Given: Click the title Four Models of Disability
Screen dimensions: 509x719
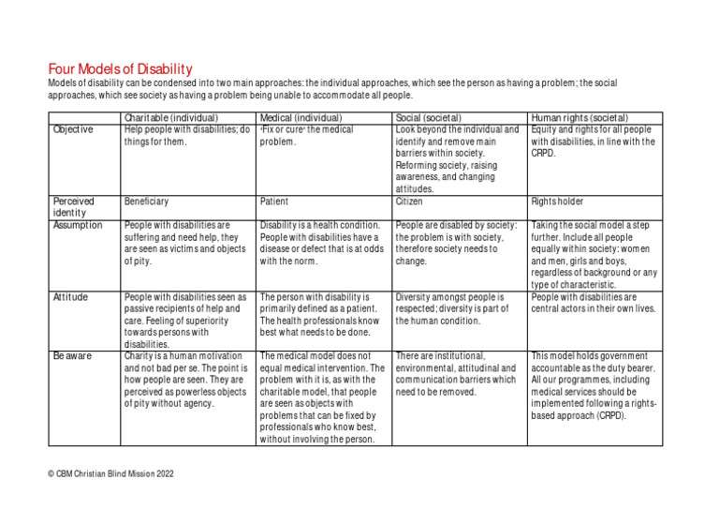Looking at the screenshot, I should coord(120,68).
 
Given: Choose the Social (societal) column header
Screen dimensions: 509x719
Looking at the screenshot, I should coord(433,117).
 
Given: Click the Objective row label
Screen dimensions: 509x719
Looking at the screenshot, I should coord(73,129).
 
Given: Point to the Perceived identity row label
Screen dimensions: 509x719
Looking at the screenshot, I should coord(74,206).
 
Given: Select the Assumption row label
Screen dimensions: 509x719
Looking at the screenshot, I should coord(78,226).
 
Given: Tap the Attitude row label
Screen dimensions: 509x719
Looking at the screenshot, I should coord(70,297).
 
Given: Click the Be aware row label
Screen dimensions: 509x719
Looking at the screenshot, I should coord(72,356).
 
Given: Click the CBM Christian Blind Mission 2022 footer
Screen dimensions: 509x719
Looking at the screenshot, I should coord(110,475).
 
